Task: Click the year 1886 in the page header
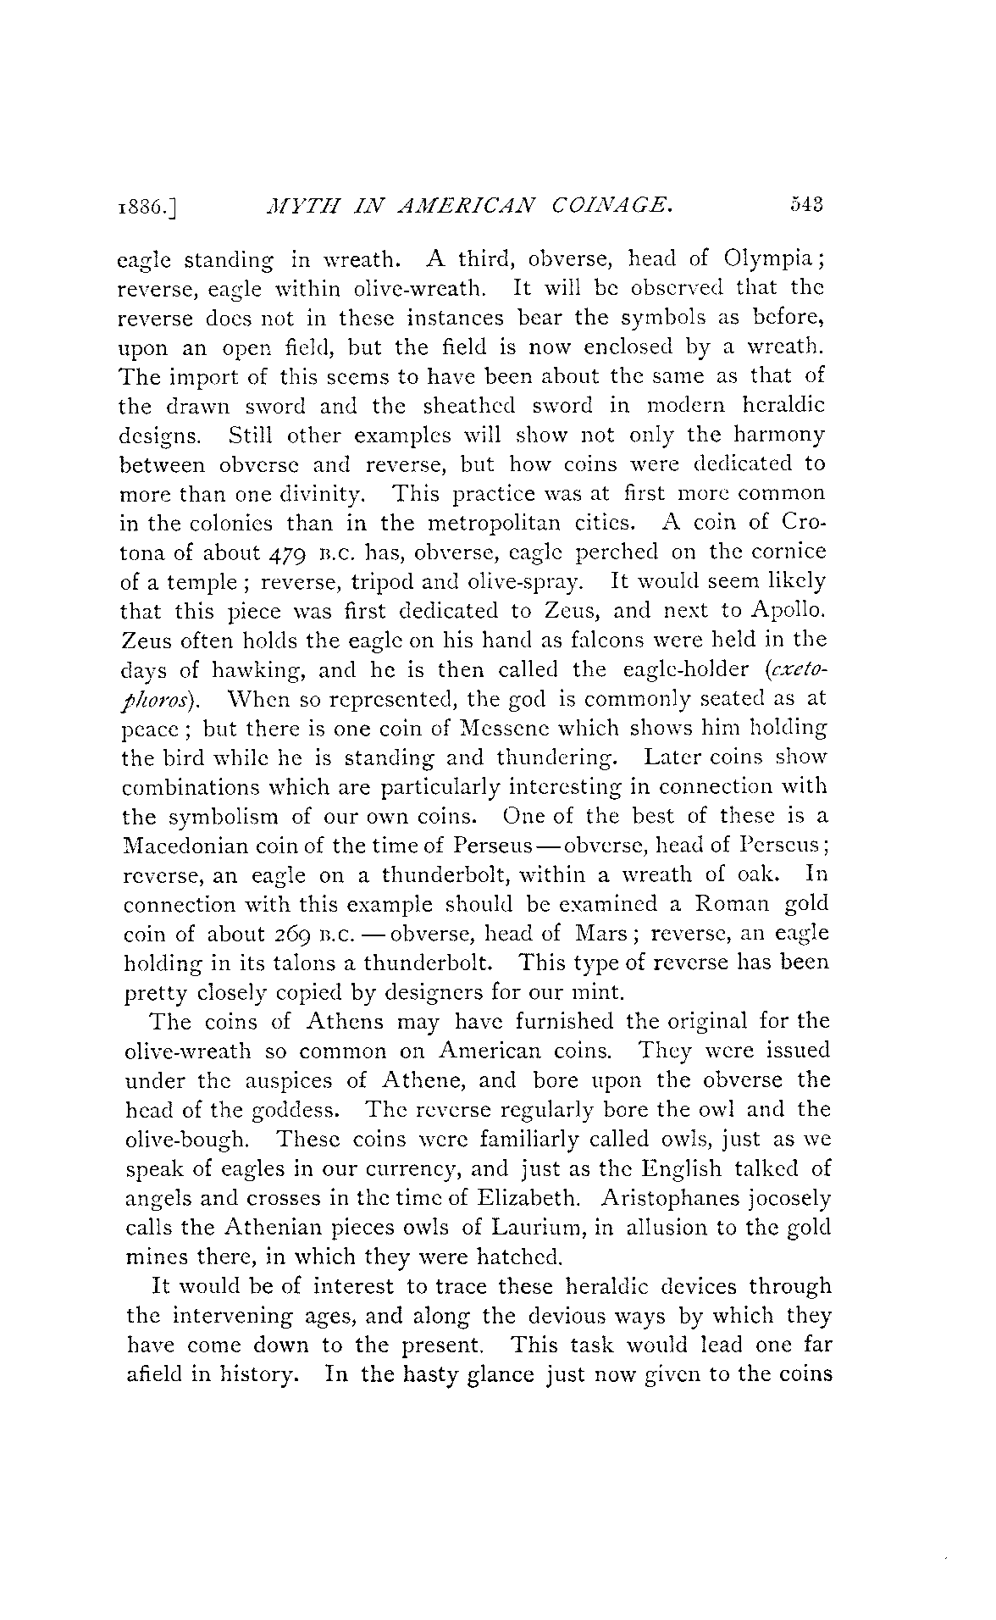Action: coord(147,206)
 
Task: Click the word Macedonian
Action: coord(185,846)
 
